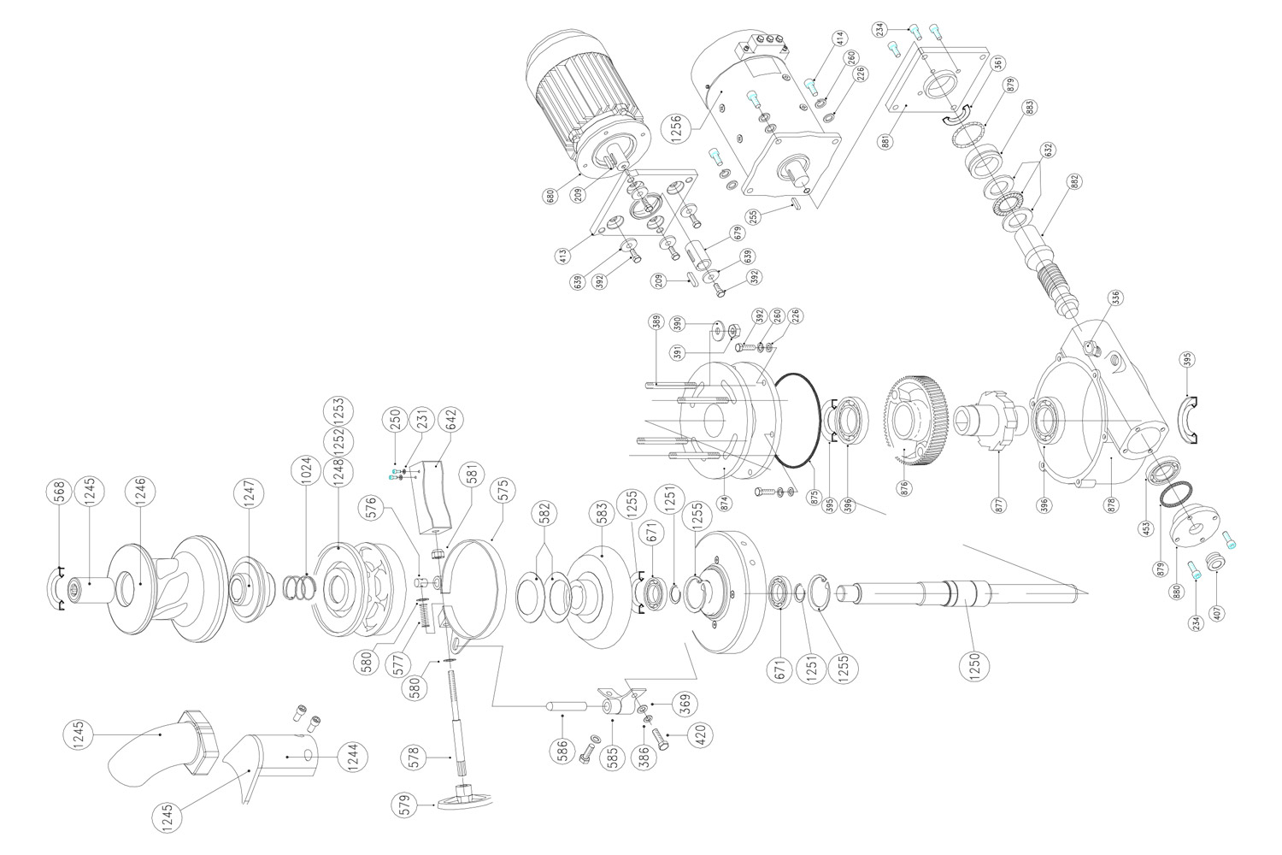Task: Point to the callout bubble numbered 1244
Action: pos(351,758)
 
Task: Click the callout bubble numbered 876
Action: pos(904,488)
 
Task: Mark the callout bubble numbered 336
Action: pos(1115,298)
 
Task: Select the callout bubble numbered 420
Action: pos(703,735)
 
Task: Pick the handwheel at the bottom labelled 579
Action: pos(463,799)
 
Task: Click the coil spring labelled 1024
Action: pos(299,587)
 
